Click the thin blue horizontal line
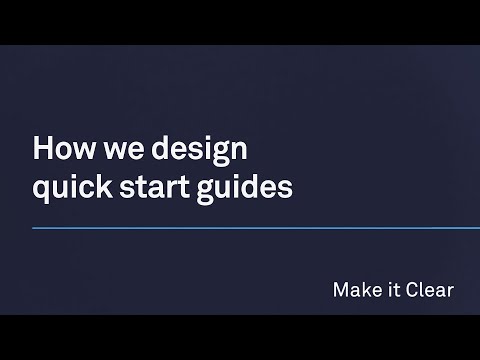[250, 228]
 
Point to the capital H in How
[42, 150]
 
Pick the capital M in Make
[339, 291]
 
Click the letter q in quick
[41, 189]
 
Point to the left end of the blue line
[34, 228]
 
